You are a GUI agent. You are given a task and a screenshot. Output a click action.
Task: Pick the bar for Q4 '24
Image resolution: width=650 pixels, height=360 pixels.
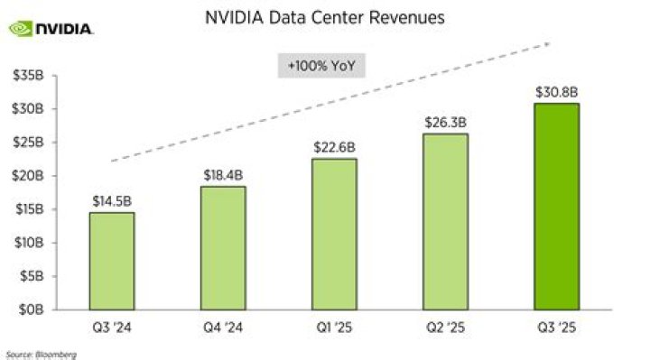point(222,247)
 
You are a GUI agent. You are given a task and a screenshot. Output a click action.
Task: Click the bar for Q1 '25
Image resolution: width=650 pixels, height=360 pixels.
point(334,234)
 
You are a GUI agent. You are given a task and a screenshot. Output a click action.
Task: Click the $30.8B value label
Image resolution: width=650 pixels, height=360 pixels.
point(557,91)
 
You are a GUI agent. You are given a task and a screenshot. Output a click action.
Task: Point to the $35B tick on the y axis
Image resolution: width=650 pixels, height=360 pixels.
point(24,76)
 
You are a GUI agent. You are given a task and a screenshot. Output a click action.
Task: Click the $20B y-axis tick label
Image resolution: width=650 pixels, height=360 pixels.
point(24,176)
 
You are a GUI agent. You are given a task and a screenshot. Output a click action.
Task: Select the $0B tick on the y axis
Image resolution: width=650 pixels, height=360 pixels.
point(27,309)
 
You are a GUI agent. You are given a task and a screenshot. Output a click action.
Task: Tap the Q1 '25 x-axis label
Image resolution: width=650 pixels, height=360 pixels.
point(334,327)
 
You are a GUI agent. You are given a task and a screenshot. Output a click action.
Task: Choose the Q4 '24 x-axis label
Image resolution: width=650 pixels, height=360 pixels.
point(222,327)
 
